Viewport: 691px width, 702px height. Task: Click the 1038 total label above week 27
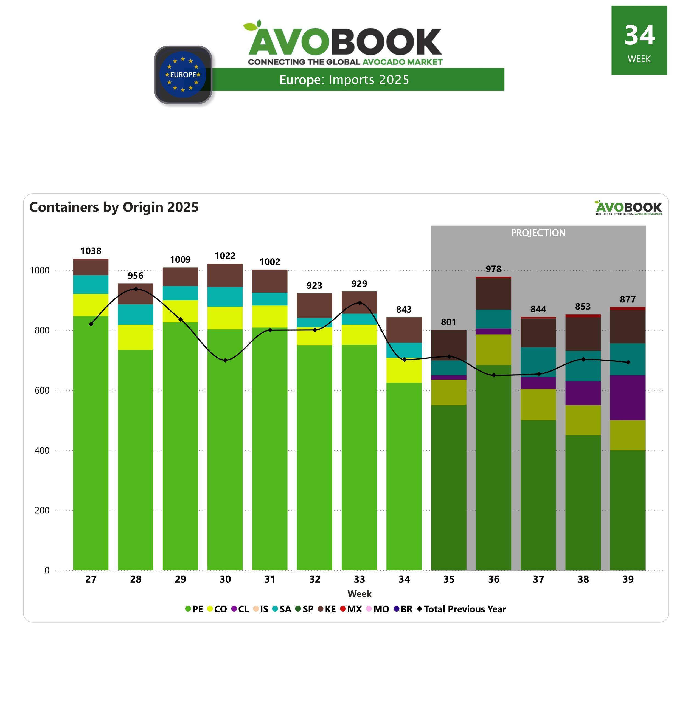tap(91, 251)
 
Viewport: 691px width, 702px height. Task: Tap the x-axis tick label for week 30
tap(225, 579)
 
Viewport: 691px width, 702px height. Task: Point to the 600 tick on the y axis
tap(42, 390)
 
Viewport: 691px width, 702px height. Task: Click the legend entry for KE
tap(327, 609)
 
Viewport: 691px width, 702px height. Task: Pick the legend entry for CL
tap(240, 609)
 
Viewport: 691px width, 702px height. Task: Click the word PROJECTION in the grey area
tap(538, 233)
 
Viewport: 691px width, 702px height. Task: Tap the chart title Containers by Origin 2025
tap(114, 207)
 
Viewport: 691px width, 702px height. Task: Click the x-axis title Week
tap(359, 594)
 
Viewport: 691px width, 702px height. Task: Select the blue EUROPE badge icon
tap(183, 75)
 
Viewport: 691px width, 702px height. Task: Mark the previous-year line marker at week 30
tap(225, 360)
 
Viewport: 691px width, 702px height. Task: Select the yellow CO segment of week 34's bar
tap(404, 370)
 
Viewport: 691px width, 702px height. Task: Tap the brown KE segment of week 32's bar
tap(314, 305)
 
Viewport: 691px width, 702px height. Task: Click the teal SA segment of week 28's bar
tap(135, 314)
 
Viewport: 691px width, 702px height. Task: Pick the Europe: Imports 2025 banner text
tap(344, 80)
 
